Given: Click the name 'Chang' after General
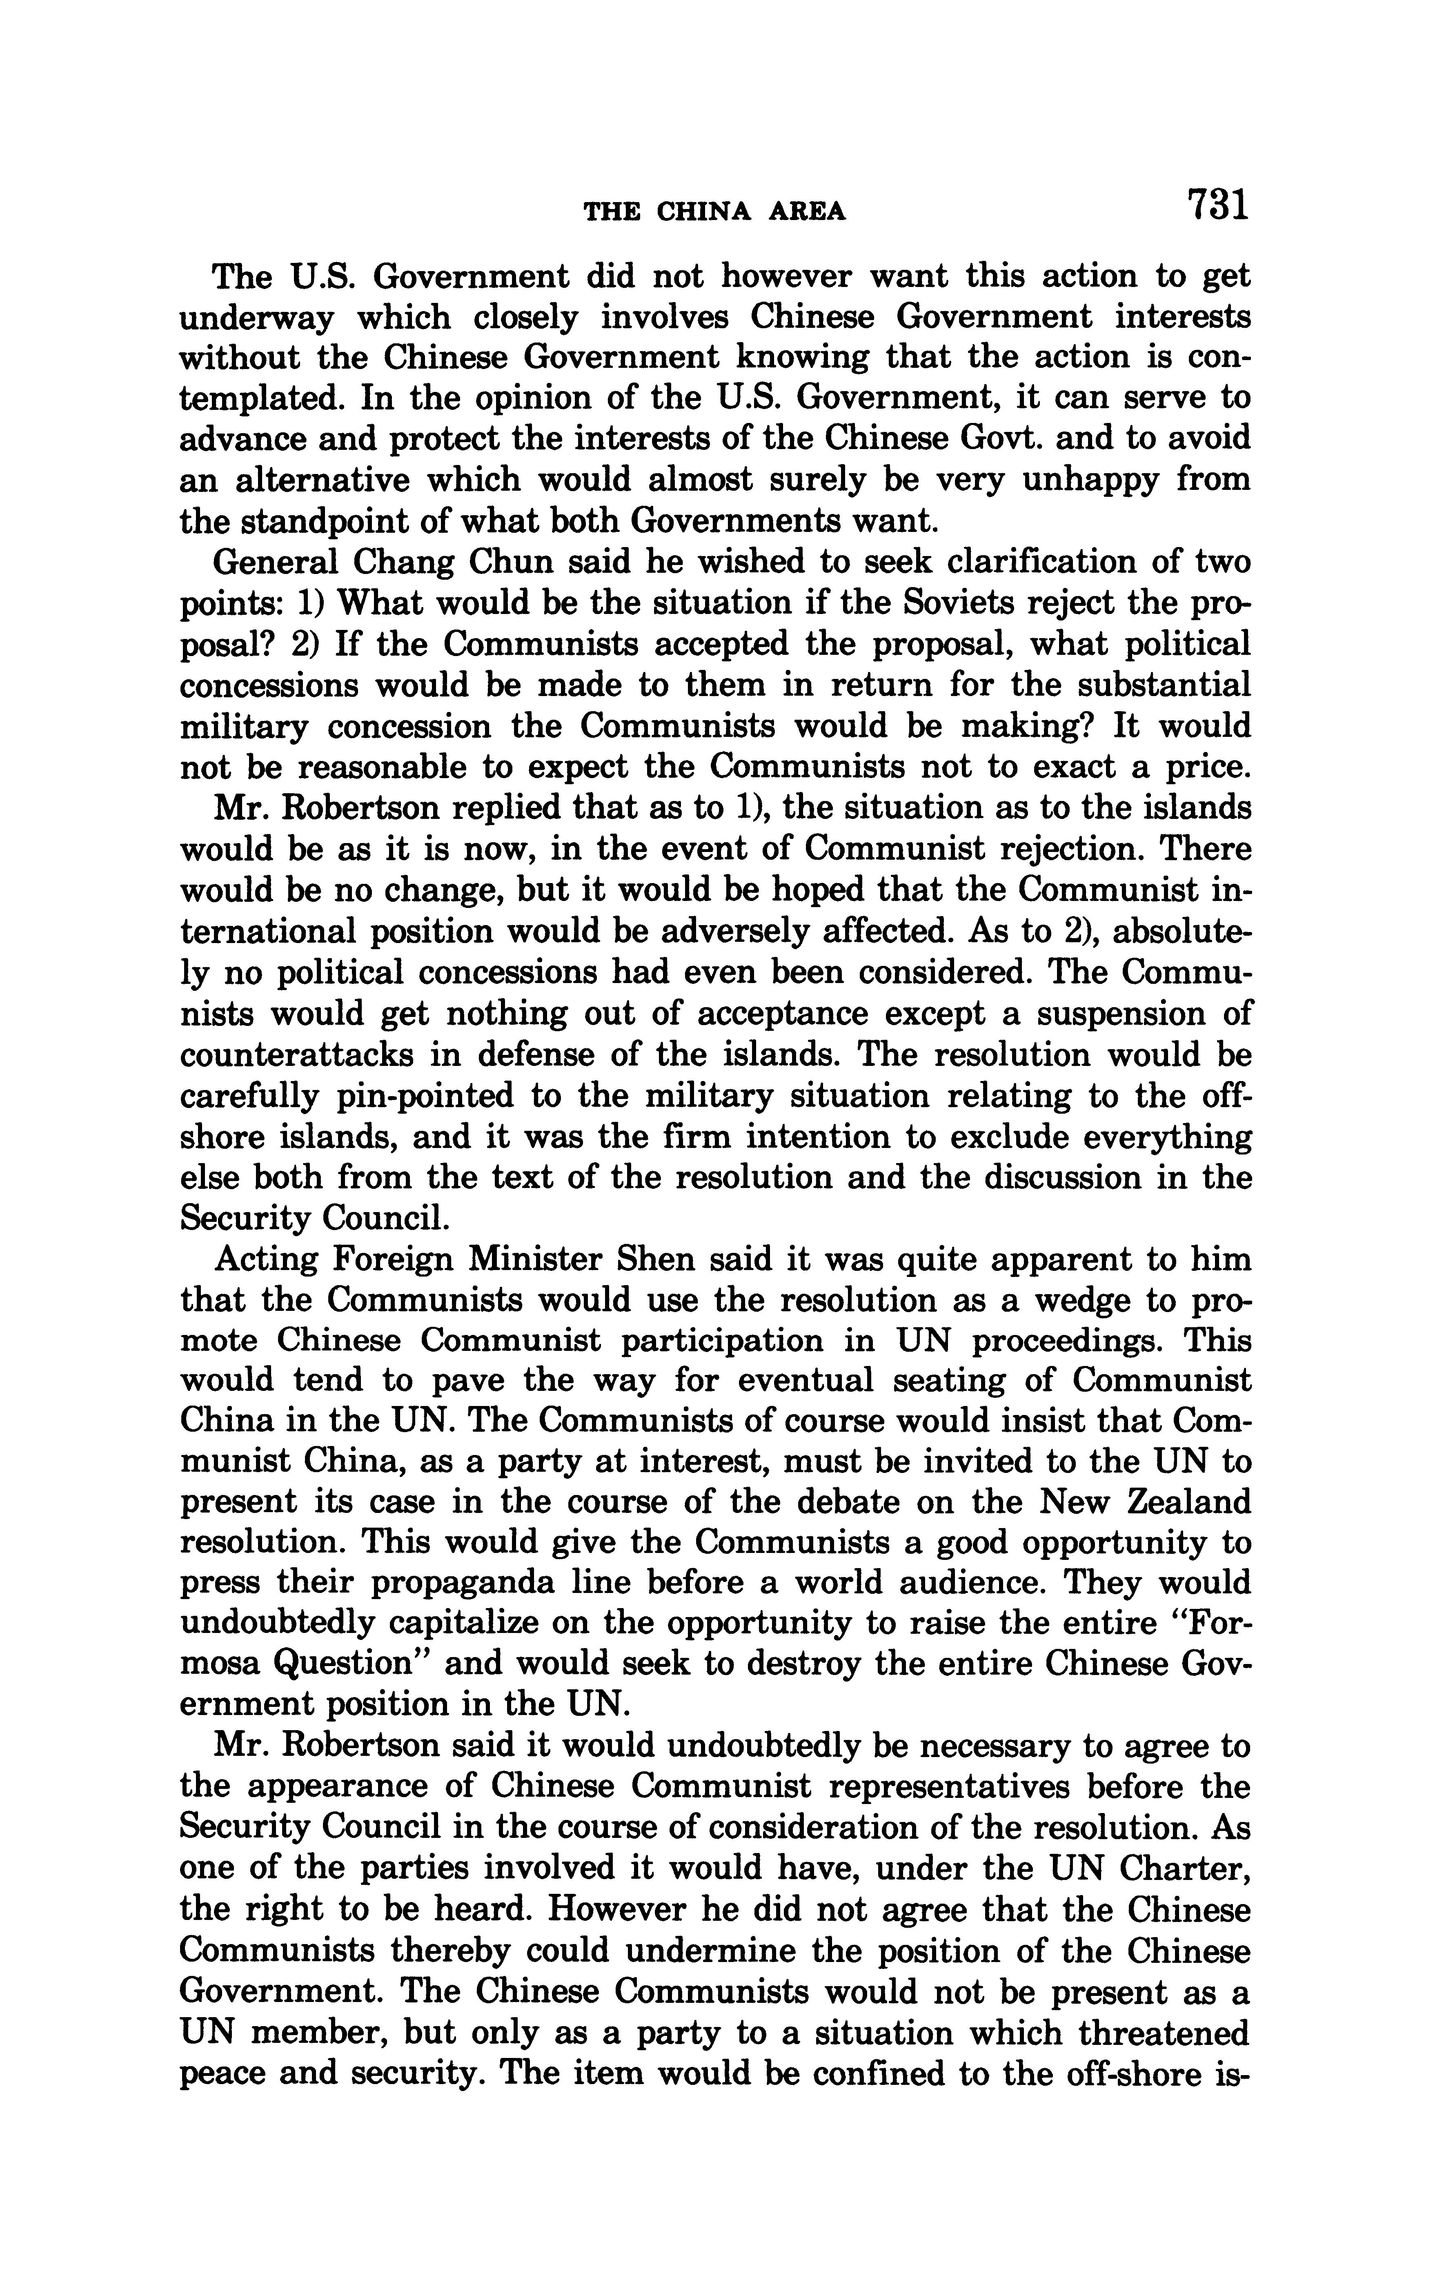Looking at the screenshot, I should coord(395,563).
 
